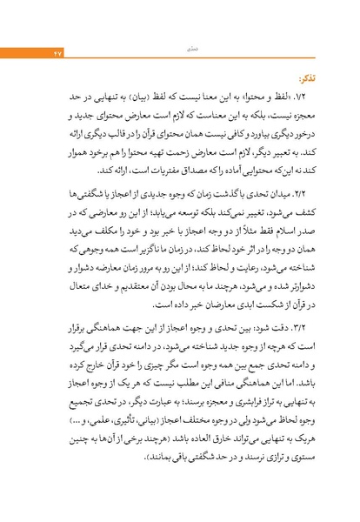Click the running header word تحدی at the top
[179, 28]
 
